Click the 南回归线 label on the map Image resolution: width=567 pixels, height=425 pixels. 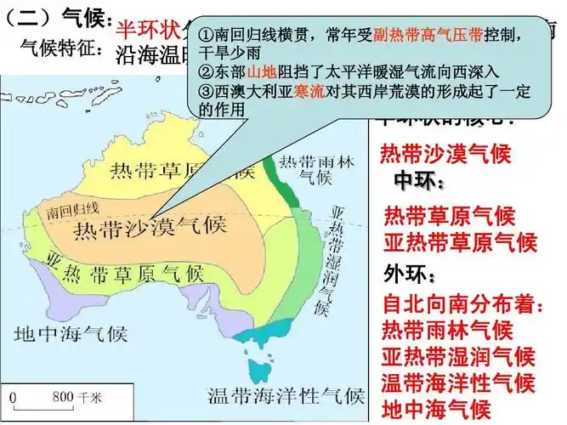[76, 207]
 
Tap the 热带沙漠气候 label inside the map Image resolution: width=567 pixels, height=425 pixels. [150, 229]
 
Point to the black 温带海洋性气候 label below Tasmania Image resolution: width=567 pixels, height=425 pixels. [286, 396]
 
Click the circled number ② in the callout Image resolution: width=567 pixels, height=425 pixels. [204, 74]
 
